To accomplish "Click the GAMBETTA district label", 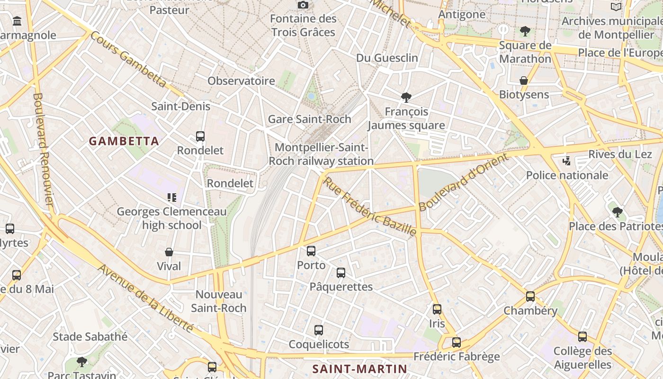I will (x=124, y=141).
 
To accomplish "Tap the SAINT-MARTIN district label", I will (x=360, y=369).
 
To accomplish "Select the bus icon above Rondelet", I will (x=200, y=136).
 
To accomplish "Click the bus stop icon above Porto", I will (x=311, y=251).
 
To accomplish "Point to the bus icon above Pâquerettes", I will (x=341, y=272).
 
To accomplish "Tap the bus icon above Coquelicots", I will (x=319, y=330).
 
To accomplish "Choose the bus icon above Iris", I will (x=437, y=309).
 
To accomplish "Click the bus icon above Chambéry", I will (x=530, y=297).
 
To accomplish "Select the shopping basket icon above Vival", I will (x=169, y=252).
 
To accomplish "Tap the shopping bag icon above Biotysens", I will (x=524, y=81).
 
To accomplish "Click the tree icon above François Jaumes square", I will (x=406, y=98).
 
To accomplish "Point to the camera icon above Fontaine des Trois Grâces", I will (x=303, y=5).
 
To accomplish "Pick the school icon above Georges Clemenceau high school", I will (x=172, y=197).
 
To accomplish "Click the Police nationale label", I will (x=567, y=175).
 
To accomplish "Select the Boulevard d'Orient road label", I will (x=463, y=182).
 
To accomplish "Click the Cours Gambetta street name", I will (x=128, y=60).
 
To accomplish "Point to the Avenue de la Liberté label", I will (x=145, y=298).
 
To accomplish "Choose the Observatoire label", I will (x=241, y=81).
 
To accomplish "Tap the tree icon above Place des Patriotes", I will (x=617, y=212).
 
